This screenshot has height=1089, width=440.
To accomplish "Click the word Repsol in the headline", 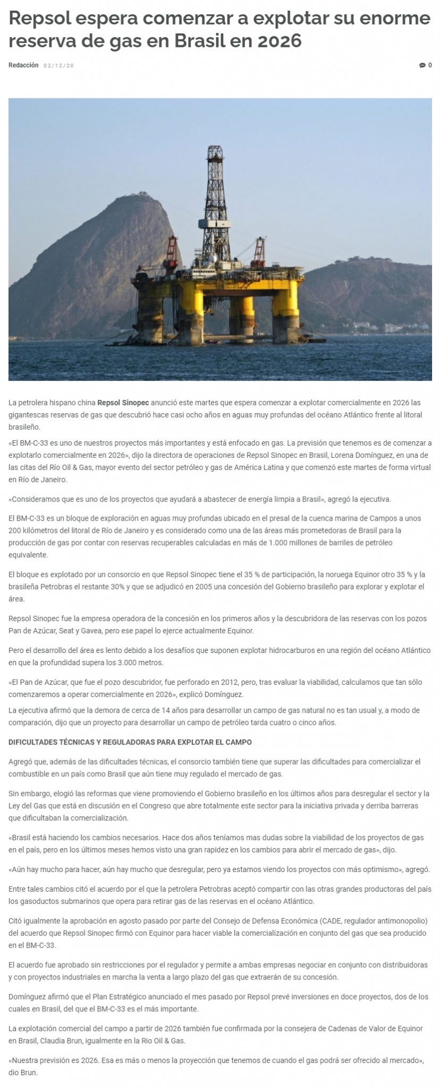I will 39,19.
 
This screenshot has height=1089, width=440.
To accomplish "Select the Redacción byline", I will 23,65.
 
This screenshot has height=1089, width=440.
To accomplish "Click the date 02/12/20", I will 59,65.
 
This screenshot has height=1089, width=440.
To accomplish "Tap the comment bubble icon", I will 422,65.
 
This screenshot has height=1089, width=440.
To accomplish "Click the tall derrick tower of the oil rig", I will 215,197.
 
